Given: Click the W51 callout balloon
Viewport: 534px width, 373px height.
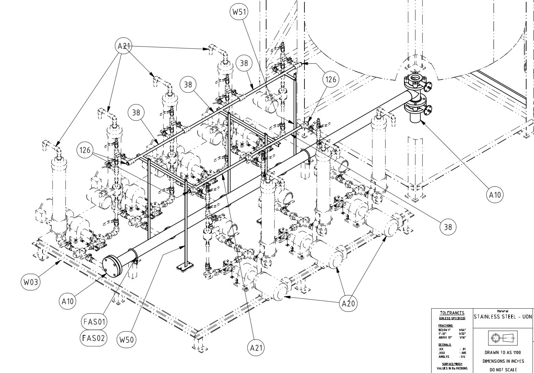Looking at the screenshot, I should pyautogui.click(x=239, y=12).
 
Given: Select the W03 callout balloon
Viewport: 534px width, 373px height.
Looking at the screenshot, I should pyautogui.click(x=30, y=282).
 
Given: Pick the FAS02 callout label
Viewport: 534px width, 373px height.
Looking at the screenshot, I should pyautogui.click(x=93, y=338).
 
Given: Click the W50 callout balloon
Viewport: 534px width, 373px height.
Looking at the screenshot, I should pyautogui.click(x=126, y=340).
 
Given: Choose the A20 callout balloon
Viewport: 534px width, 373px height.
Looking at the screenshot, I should pyautogui.click(x=348, y=303).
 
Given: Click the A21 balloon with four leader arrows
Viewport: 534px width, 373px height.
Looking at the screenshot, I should pyautogui.click(x=124, y=46).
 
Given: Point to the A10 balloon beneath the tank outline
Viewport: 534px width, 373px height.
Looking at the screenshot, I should pyautogui.click(x=495, y=195).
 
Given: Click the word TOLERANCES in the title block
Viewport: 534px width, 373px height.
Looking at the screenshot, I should pyautogui.click(x=452, y=313).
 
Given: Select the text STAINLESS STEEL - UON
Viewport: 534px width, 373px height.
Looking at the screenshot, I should pyautogui.click(x=503, y=317).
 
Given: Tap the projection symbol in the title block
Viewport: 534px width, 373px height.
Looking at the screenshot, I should pyautogui.click(x=503, y=338).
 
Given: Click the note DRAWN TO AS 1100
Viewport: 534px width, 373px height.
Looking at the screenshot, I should pyautogui.click(x=503, y=352).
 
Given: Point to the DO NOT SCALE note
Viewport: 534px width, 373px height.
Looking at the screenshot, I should pyautogui.click(x=503, y=369).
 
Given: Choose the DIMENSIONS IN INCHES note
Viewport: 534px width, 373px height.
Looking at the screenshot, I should pyautogui.click(x=503, y=361).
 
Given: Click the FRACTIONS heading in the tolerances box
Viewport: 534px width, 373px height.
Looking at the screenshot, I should pyautogui.click(x=445, y=326).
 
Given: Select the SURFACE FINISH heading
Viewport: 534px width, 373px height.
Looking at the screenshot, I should pyautogui.click(x=452, y=364).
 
